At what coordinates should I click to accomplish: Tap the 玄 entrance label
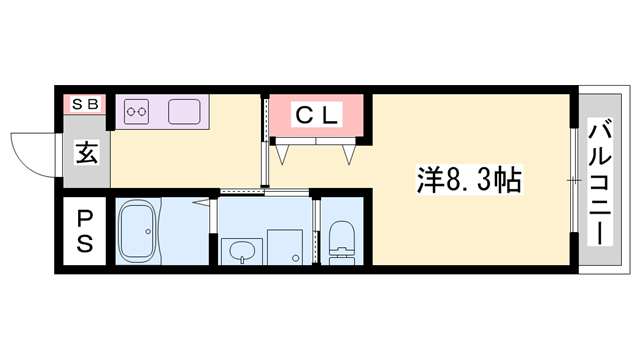pos(87,154)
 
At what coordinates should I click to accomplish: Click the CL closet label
pos(317,116)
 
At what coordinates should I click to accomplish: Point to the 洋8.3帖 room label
pos(470,181)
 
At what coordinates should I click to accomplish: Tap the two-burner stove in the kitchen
pos(136,110)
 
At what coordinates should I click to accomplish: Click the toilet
pos(342,244)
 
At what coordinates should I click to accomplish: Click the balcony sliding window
pos(573,180)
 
